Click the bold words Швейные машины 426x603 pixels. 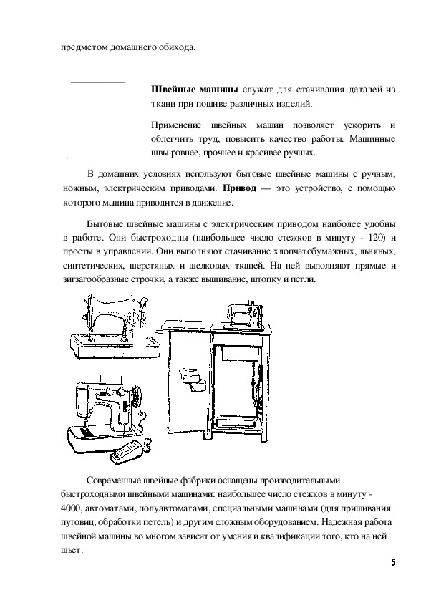coord(195,90)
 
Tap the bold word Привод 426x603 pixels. coord(240,189)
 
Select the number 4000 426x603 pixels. coord(69,508)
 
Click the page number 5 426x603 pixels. coord(393,563)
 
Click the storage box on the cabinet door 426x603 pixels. coord(190,379)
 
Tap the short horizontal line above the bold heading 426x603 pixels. coord(98,82)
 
